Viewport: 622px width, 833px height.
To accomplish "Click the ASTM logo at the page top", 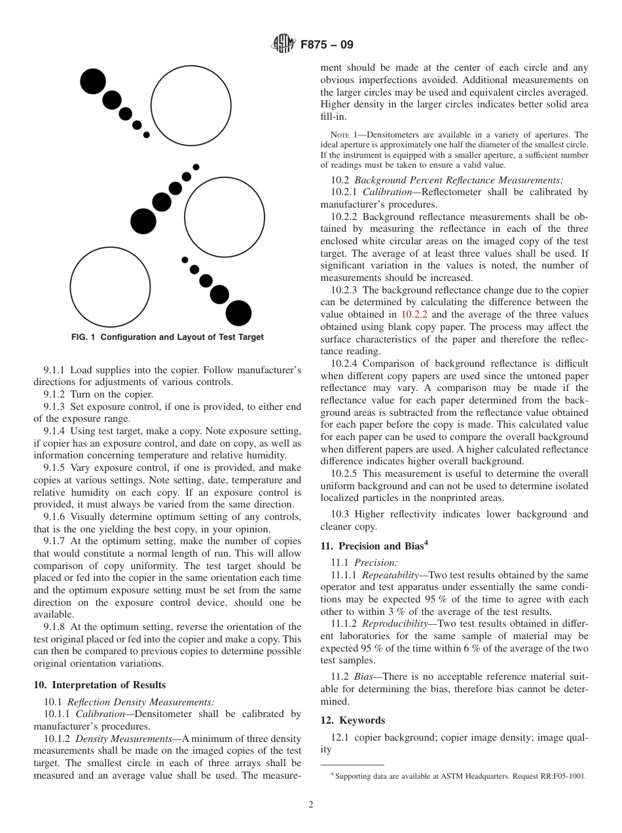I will click(x=283, y=45).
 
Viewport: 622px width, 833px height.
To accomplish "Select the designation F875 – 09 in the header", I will click(x=326, y=45).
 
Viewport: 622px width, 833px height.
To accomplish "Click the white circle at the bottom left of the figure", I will click(x=110, y=287).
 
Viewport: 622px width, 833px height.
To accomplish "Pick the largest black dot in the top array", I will click(x=93, y=81).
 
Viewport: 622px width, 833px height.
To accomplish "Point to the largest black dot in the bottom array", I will click(x=238, y=313).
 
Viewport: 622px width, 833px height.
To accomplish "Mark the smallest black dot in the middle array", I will click(x=196, y=167).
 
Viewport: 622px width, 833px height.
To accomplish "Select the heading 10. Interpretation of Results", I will click(x=100, y=685).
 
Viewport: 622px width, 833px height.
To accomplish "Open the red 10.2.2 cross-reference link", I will click(x=414, y=315).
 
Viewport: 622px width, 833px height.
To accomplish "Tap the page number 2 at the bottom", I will click(x=311, y=805).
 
